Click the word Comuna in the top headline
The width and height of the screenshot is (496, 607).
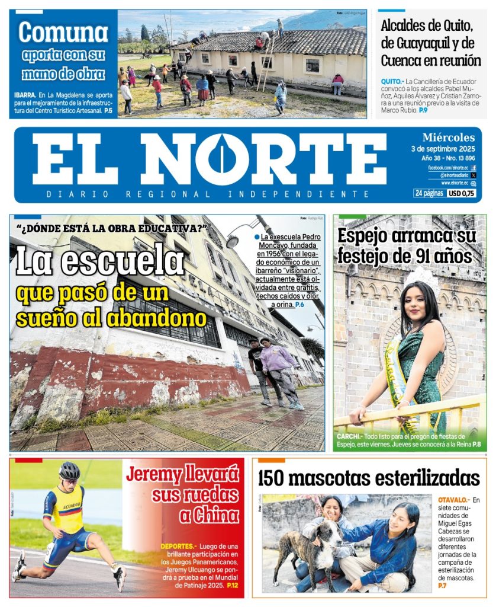(63, 33)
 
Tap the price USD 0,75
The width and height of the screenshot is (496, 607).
(462, 193)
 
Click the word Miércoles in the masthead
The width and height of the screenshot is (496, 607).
(449, 138)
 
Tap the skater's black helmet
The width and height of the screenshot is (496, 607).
(69, 471)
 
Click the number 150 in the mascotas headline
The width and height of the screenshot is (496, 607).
(276, 478)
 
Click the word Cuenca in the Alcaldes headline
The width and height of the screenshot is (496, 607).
(402, 60)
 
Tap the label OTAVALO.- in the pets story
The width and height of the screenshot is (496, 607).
(456, 500)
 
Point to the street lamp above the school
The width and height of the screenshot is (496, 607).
(233, 240)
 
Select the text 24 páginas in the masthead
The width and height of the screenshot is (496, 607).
(428, 193)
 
